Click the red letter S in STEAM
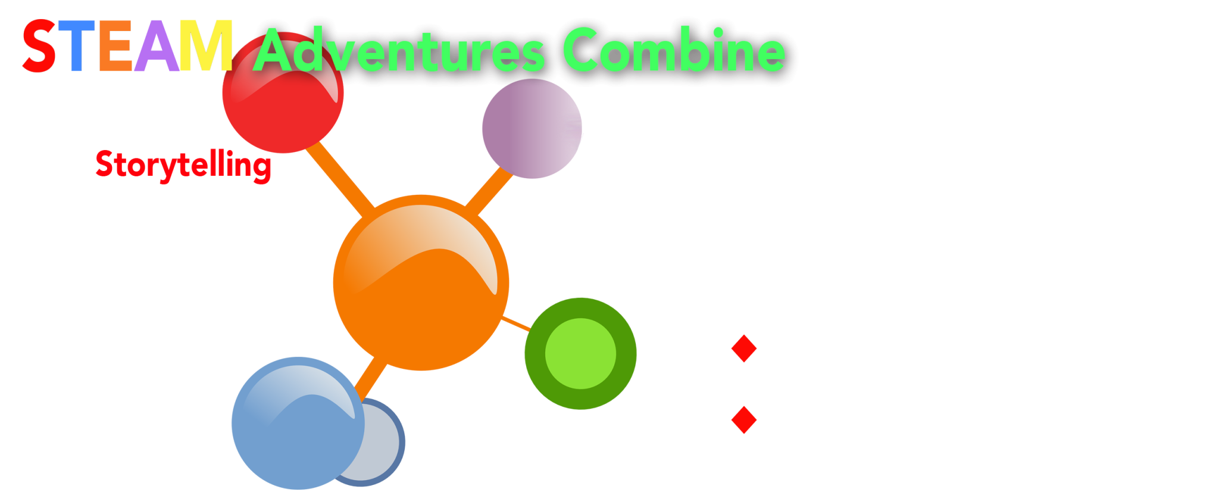pos(39,46)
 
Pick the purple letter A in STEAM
pos(157,46)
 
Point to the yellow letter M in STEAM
pos(206,46)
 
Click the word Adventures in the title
pos(399,50)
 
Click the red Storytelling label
pos(183,165)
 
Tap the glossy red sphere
pos(283,92)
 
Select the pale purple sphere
pos(532,129)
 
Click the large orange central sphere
pos(421,282)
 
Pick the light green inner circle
pos(580,353)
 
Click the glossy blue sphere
pos(298,423)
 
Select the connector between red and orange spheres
pos(340,179)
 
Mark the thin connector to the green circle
pos(515,324)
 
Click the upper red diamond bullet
pos(744,349)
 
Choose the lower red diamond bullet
pos(744,420)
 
